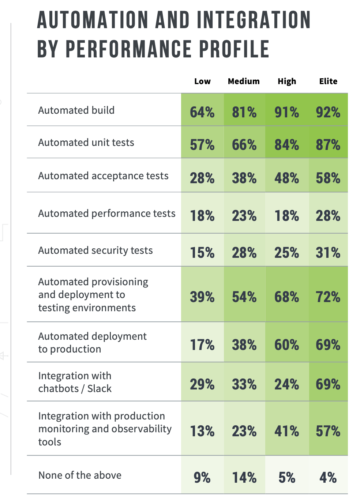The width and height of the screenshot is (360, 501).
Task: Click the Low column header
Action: pos(202,81)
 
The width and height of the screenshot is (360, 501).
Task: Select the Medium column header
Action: pos(244,81)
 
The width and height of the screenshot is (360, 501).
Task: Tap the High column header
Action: pos(287,81)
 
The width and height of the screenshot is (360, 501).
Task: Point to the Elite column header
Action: pos(328,81)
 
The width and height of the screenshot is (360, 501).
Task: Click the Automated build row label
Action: pos(76,110)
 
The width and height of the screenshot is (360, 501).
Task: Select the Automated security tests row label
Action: pos(95,250)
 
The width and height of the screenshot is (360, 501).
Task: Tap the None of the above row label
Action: pos(80,475)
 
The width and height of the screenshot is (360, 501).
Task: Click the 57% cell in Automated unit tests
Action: pos(202,145)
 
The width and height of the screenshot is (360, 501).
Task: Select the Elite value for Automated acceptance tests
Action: pos(328,178)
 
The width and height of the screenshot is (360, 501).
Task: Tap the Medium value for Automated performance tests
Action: pos(244,216)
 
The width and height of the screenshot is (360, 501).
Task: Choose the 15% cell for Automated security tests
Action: pos(202,253)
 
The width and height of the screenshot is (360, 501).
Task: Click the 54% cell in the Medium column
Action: pos(244,297)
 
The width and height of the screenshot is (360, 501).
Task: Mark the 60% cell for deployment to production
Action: pos(287,345)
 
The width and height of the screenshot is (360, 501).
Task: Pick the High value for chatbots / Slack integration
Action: pos(287,384)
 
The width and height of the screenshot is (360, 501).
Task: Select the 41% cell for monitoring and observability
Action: pos(287,431)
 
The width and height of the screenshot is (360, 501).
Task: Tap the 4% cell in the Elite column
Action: pos(328,478)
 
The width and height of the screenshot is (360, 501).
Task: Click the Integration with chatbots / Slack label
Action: pos(75,382)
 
